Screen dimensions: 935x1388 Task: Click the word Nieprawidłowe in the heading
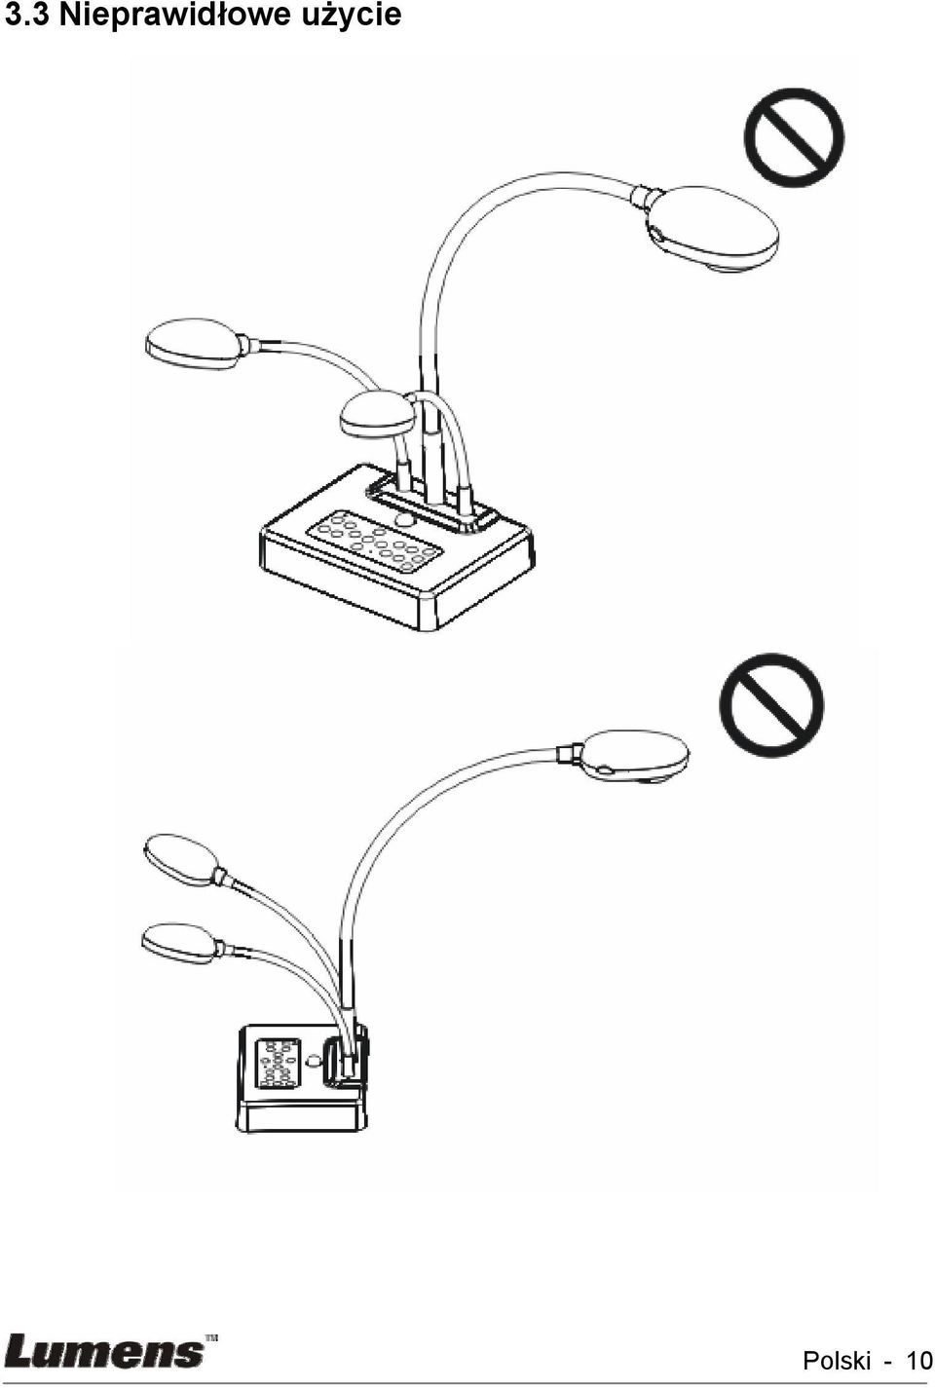(174, 15)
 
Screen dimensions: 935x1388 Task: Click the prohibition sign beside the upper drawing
(794, 137)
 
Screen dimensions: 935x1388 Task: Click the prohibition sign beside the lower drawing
(772, 705)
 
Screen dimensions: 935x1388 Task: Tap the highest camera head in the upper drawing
(711, 228)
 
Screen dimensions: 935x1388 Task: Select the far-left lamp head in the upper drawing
(192, 344)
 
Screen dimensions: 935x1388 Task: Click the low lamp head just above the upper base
(377, 414)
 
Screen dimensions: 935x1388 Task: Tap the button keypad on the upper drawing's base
(377, 543)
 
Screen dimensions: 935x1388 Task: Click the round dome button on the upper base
(404, 519)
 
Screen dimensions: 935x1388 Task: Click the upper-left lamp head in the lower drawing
(180, 858)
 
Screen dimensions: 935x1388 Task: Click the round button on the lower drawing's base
(315, 1061)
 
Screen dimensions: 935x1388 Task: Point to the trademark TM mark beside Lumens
(210, 1337)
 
